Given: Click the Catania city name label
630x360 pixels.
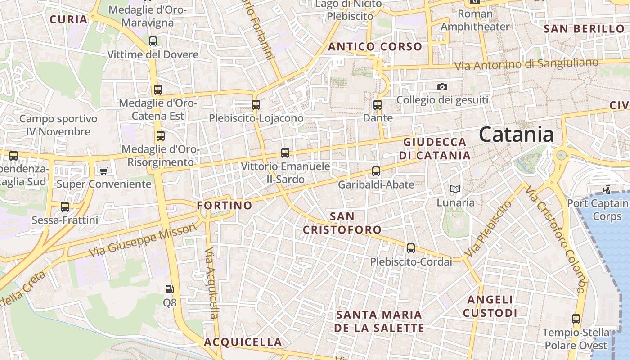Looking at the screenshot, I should tap(516, 135).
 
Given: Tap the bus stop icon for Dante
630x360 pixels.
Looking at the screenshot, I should tap(378, 105).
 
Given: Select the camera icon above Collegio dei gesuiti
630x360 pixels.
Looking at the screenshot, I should tap(442, 87).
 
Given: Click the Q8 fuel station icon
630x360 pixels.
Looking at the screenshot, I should tap(169, 289).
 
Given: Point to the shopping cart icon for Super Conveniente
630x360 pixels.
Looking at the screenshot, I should tap(104, 171).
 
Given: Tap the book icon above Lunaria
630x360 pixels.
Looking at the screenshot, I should tap(455, 189).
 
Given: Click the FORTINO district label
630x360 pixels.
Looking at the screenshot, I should tap(225, 206).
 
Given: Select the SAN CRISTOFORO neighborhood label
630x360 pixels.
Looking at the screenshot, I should tap(342, 223).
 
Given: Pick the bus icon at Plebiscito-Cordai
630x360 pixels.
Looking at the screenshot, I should tap(411, 248).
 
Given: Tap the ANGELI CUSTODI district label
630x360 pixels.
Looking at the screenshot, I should tap(490, 306).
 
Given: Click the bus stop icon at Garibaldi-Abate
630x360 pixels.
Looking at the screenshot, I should tap(376, 171).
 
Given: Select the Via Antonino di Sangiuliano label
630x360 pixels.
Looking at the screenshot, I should tap(526, 64).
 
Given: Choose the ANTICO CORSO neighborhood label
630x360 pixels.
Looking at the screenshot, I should tap(375, 47).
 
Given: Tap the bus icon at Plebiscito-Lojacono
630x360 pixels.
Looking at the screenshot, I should tap(256, 105).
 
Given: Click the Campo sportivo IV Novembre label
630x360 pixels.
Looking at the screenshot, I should tap(58, 126).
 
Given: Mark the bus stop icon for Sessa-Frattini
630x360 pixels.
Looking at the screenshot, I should tap(65, 207).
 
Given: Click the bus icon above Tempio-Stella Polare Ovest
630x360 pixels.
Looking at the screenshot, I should tap(576, 319).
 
